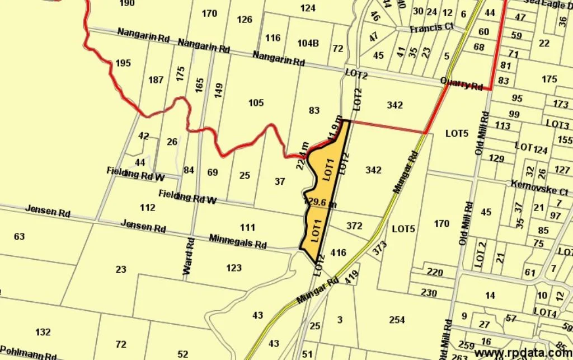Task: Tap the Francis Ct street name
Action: tap(431, 27)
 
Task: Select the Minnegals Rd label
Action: tap(238, 241)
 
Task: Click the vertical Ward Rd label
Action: tap(188, 256)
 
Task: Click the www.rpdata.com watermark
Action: tap(523, 352)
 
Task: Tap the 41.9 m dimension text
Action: tap(334, 129)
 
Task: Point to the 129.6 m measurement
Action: tap(321, 202)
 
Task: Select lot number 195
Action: tap(123, 63)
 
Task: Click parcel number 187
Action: tap(156, 80)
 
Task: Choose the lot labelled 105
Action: tap(256, 102)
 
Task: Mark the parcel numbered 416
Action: tap(339, 253)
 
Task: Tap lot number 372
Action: tap(354, 226)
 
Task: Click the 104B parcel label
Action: tap(308, 43)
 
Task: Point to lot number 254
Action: tap(397, 320)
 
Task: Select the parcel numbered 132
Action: tap(43, 332)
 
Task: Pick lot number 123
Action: tap(234, 268)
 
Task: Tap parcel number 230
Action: tap(429, 293)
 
